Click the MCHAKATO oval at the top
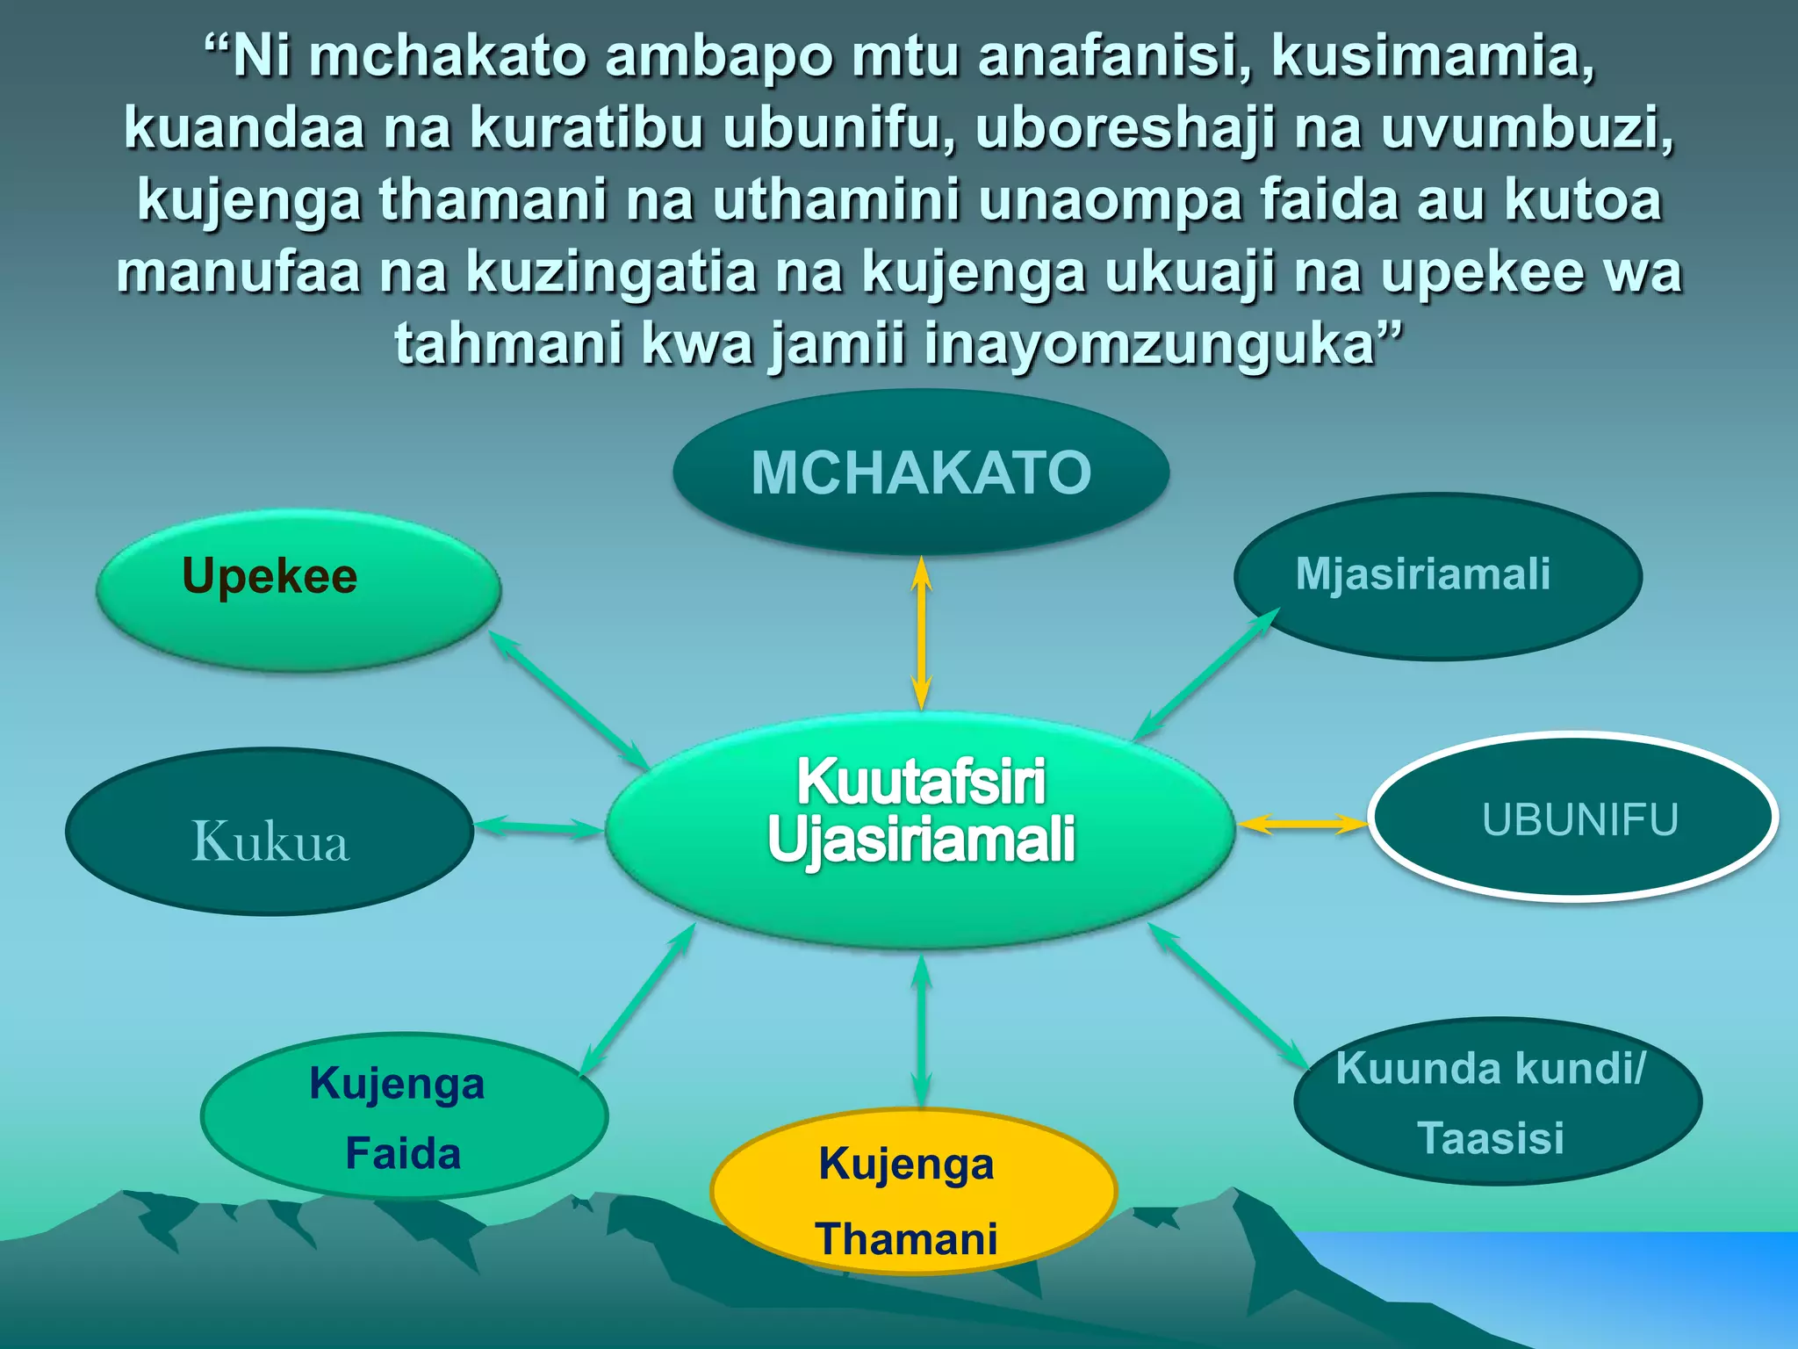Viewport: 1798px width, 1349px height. pos(921,473)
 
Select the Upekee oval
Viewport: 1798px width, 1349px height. pos(298,590)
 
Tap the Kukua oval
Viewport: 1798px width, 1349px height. pos(270,832)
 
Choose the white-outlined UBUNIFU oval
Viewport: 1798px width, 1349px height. pos(1573,817)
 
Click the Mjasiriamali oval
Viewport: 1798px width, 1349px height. pos(1437,576)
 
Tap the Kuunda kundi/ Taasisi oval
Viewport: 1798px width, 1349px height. pos(1498,1102)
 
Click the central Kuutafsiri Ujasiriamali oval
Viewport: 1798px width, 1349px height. pos(920,830)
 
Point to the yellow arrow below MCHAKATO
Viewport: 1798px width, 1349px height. pos(921,632)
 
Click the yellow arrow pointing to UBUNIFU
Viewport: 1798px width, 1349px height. pos(1302,823)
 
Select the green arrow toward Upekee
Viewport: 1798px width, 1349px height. pos(568,699)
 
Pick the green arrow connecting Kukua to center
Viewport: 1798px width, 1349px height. pos(538,827)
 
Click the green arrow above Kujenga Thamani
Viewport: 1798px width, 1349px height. pos(920,1032)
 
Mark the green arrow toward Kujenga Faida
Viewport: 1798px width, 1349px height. pos(638,999)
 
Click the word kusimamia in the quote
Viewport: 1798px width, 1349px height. pos(1432,56)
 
